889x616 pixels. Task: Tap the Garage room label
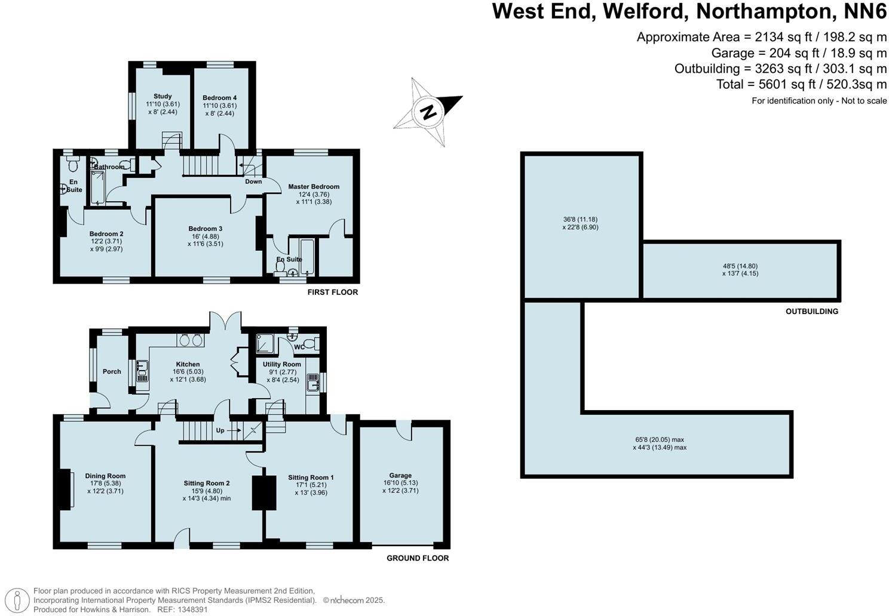pyautogui.click(x=400, y=476)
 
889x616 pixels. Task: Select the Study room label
pyautogui.click(x=163, y=96)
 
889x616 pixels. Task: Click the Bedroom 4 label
pyautogui.click(x=219, y=98)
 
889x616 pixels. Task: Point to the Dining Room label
pyautogui.click(x=105, y=476)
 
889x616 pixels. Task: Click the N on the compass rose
pyautogui.click(x=427, y=112)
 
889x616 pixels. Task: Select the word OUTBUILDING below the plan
pyautogui.click(x=811, y=312)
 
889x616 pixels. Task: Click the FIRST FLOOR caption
pyautogui.click(x=332, y=292)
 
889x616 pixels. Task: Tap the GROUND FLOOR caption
pyautogui.click(x=417, y=558)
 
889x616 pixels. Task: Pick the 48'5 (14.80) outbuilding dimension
pyautogui.click(x=740, y=266)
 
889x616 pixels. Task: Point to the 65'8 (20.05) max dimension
pyautogui.click(x=659, y=440)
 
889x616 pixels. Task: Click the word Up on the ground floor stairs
pyautogui.click(x=220, y=430)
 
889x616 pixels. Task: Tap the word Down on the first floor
pyautogui.click(x=253, y=181)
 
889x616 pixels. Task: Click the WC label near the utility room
pyautogui.click(x=299, y=347)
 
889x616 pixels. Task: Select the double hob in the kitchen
pyautogui.click(x=191, y=340)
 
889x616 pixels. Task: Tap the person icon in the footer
pyautogui.click(x=19, y=600)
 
